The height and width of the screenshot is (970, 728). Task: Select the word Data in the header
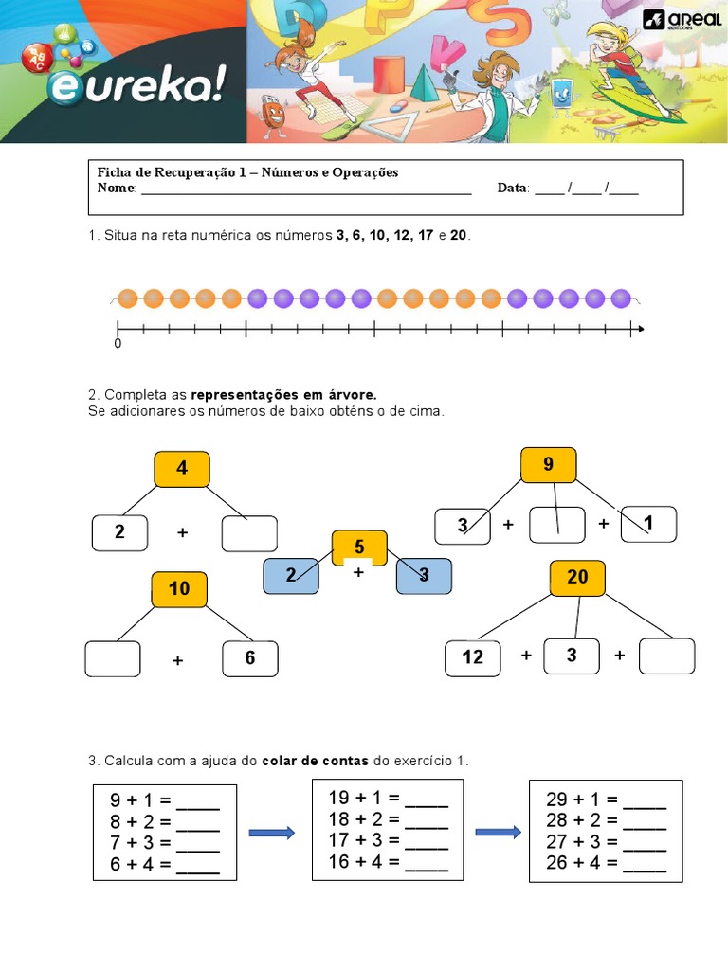pyautogui.click(x=513, y=189)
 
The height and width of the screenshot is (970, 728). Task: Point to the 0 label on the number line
pyautogui.click(x=118, y=344)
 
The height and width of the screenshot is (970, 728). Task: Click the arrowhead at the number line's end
pyautogui.click(x=640, y=330)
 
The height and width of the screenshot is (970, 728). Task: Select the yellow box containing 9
pyautogui.click(x=548, y=465)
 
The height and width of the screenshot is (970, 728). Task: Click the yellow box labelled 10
pyautogui.click(x=179, y=589)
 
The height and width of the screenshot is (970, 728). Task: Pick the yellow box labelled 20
pyautogui.click(x=577, y=578)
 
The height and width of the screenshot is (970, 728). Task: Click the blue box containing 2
pyautogui.click(x=291, y=575)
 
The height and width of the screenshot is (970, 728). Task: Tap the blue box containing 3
pyautogui.click(x=424, y=575)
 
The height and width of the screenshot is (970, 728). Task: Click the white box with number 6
pyautogui.click(x=250, y=658)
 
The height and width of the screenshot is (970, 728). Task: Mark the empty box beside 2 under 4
pyautogui.click(x=249, y=533)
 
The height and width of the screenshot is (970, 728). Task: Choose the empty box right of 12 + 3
pyautogui.click(x=666, y=656)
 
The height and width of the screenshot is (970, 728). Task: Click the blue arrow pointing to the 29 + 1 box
pyautogui.click(x=498, y=833)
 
